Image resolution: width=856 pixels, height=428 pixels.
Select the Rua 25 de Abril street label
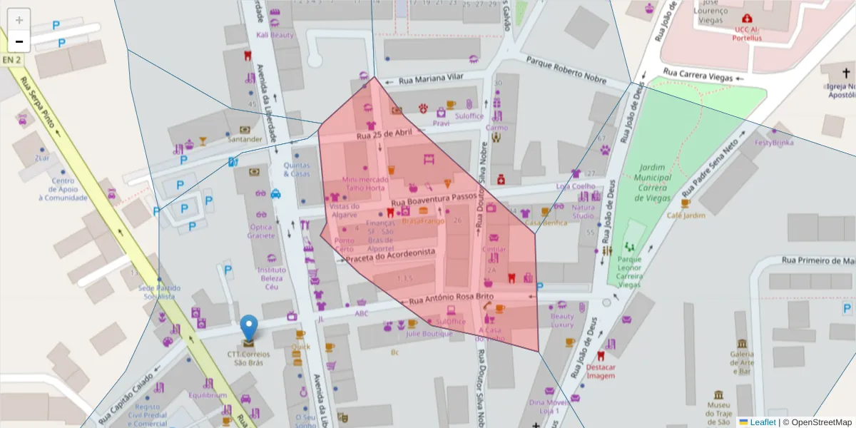384,133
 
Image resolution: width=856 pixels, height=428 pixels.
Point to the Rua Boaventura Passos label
433,196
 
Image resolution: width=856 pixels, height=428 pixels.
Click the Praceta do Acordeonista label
390,255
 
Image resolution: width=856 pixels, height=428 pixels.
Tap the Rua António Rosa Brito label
451,297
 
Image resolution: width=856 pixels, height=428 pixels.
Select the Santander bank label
245,139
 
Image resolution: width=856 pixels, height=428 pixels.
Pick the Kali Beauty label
275,35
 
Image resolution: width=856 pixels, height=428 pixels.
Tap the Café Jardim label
686,215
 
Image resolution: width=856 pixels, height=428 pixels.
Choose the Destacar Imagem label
600,372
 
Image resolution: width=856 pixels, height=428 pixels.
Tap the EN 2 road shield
12,61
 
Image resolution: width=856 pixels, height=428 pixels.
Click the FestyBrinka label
774,142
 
